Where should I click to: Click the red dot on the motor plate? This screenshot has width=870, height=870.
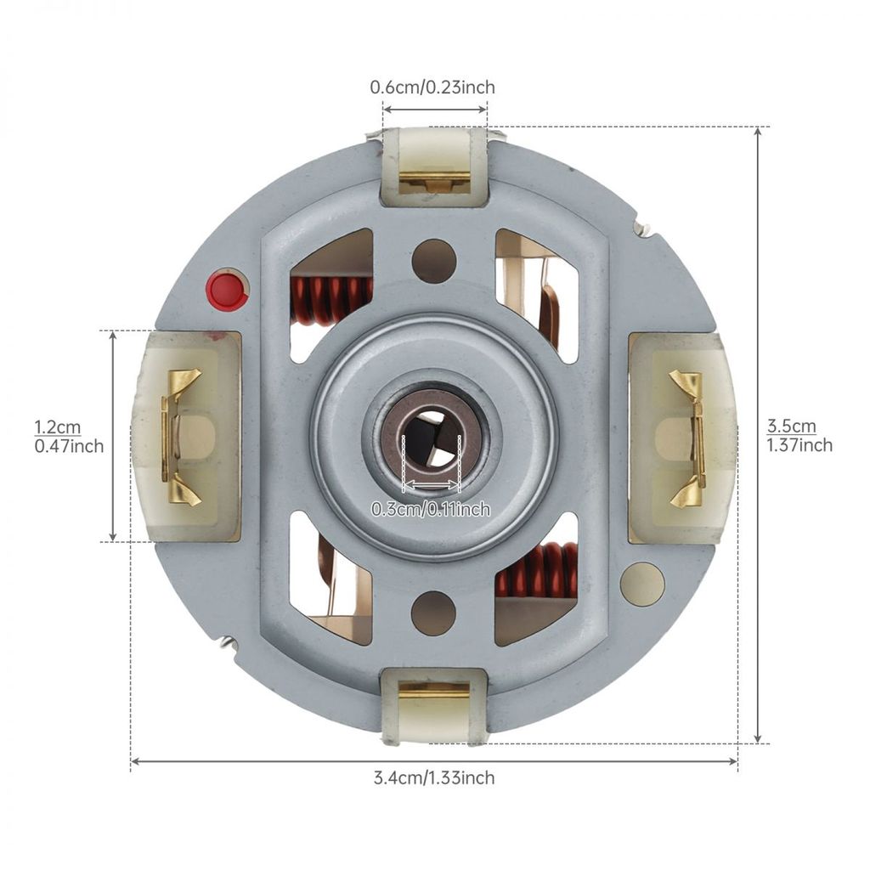(226, 290)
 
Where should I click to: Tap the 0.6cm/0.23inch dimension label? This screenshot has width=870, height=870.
(432, 88)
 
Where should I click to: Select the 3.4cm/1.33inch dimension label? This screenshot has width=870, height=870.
(434, 777)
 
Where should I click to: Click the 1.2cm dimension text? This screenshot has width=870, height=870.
(58, 427)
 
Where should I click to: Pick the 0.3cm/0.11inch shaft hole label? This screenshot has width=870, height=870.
(431, 509)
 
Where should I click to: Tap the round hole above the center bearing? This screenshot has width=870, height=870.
(434, 261)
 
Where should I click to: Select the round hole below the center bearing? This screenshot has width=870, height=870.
(434, 613)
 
